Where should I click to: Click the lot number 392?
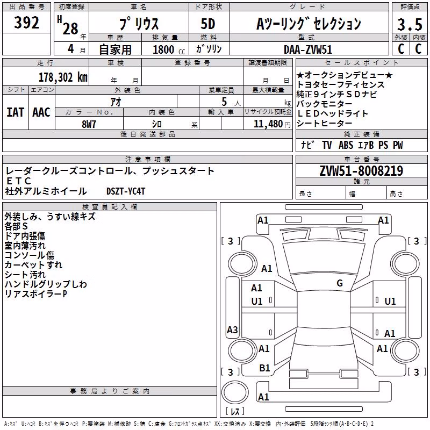point(26,22)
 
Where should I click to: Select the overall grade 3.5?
point(410,24)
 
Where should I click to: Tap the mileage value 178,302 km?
point(63,77)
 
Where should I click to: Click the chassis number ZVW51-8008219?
point(361,171)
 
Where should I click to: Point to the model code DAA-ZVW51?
point(308,49)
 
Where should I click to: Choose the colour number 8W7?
point(89,124)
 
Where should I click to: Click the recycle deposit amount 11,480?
point(268,124)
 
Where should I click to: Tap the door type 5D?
point(208,24)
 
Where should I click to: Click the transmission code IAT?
point(16,112)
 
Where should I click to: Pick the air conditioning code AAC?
point(41,112)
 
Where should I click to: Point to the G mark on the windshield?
point(340,283)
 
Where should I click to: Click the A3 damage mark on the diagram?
point(232,329)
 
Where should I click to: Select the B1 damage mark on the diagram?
point(264,368)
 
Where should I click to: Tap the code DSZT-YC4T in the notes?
point(126,191)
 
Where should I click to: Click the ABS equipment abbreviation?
point(346,145)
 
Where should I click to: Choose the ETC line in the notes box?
point(19,181)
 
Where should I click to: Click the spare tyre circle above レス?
point(235,392)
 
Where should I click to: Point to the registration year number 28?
point(70,29)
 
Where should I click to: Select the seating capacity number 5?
point(224,102)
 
